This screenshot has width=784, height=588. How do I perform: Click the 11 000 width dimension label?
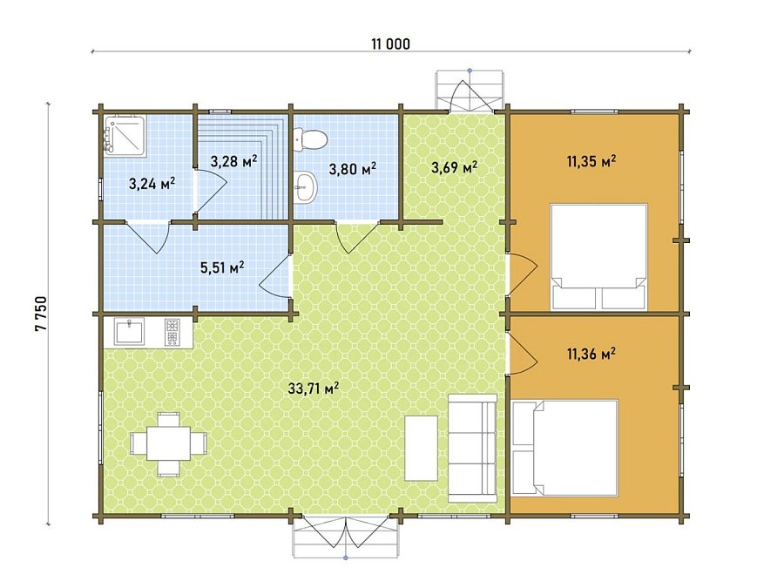point(390,44)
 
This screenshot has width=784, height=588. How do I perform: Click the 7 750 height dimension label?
point(41,314)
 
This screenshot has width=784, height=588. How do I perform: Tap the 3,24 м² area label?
point(152,184)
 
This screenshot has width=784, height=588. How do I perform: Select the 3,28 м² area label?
point(233,161)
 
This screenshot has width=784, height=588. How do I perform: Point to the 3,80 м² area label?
point(353,169)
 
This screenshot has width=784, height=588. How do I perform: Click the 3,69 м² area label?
point(454,167)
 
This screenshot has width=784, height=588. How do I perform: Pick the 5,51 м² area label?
point(222,267)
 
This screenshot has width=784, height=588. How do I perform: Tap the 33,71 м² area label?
point(314,388)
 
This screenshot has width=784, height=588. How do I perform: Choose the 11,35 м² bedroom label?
point(591,161)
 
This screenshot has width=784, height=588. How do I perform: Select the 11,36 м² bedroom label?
point(591,354)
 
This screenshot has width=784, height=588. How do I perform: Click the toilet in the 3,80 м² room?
point(311,139)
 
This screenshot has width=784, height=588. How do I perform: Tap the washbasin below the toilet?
point(305,187)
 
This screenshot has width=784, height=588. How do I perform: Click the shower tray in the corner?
point(125,136)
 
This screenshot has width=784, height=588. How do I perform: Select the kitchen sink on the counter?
point(130,331)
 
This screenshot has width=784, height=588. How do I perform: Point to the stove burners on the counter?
point(172,332)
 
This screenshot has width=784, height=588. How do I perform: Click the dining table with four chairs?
point(169,443)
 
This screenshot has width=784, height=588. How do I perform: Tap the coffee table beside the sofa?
point(421,448)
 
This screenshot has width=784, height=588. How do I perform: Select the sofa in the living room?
point(472,448)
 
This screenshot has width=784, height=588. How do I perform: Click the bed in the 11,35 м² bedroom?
point(599,256)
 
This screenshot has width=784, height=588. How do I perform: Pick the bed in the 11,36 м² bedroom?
point(565,448)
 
